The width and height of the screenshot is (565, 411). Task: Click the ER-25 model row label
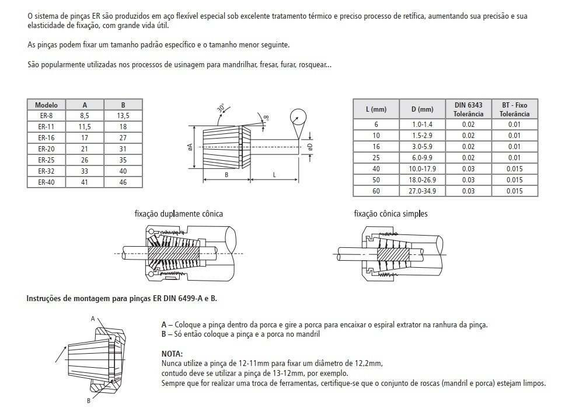click(46, 160)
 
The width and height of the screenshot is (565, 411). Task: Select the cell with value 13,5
click(123, 116)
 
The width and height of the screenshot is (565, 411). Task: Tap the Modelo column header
click(46, 105)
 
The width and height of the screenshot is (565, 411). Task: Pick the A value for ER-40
click(85, 182)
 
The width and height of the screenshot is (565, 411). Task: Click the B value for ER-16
click(123, 137)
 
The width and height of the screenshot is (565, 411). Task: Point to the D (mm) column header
click(423, 109)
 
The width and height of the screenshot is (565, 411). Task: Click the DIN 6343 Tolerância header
click(468, 109)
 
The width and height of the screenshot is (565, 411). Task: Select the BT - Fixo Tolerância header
click(514, 109)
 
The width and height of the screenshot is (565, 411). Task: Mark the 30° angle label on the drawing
click(221, 109)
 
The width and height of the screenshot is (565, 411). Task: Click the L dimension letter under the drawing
click(274, 175)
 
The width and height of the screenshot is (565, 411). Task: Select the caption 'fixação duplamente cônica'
click(179, 214)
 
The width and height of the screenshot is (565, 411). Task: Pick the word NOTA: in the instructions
click(172, 354)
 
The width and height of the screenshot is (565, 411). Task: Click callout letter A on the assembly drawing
click(93, 319)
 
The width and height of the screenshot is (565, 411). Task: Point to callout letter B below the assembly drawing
click(88, 400)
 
